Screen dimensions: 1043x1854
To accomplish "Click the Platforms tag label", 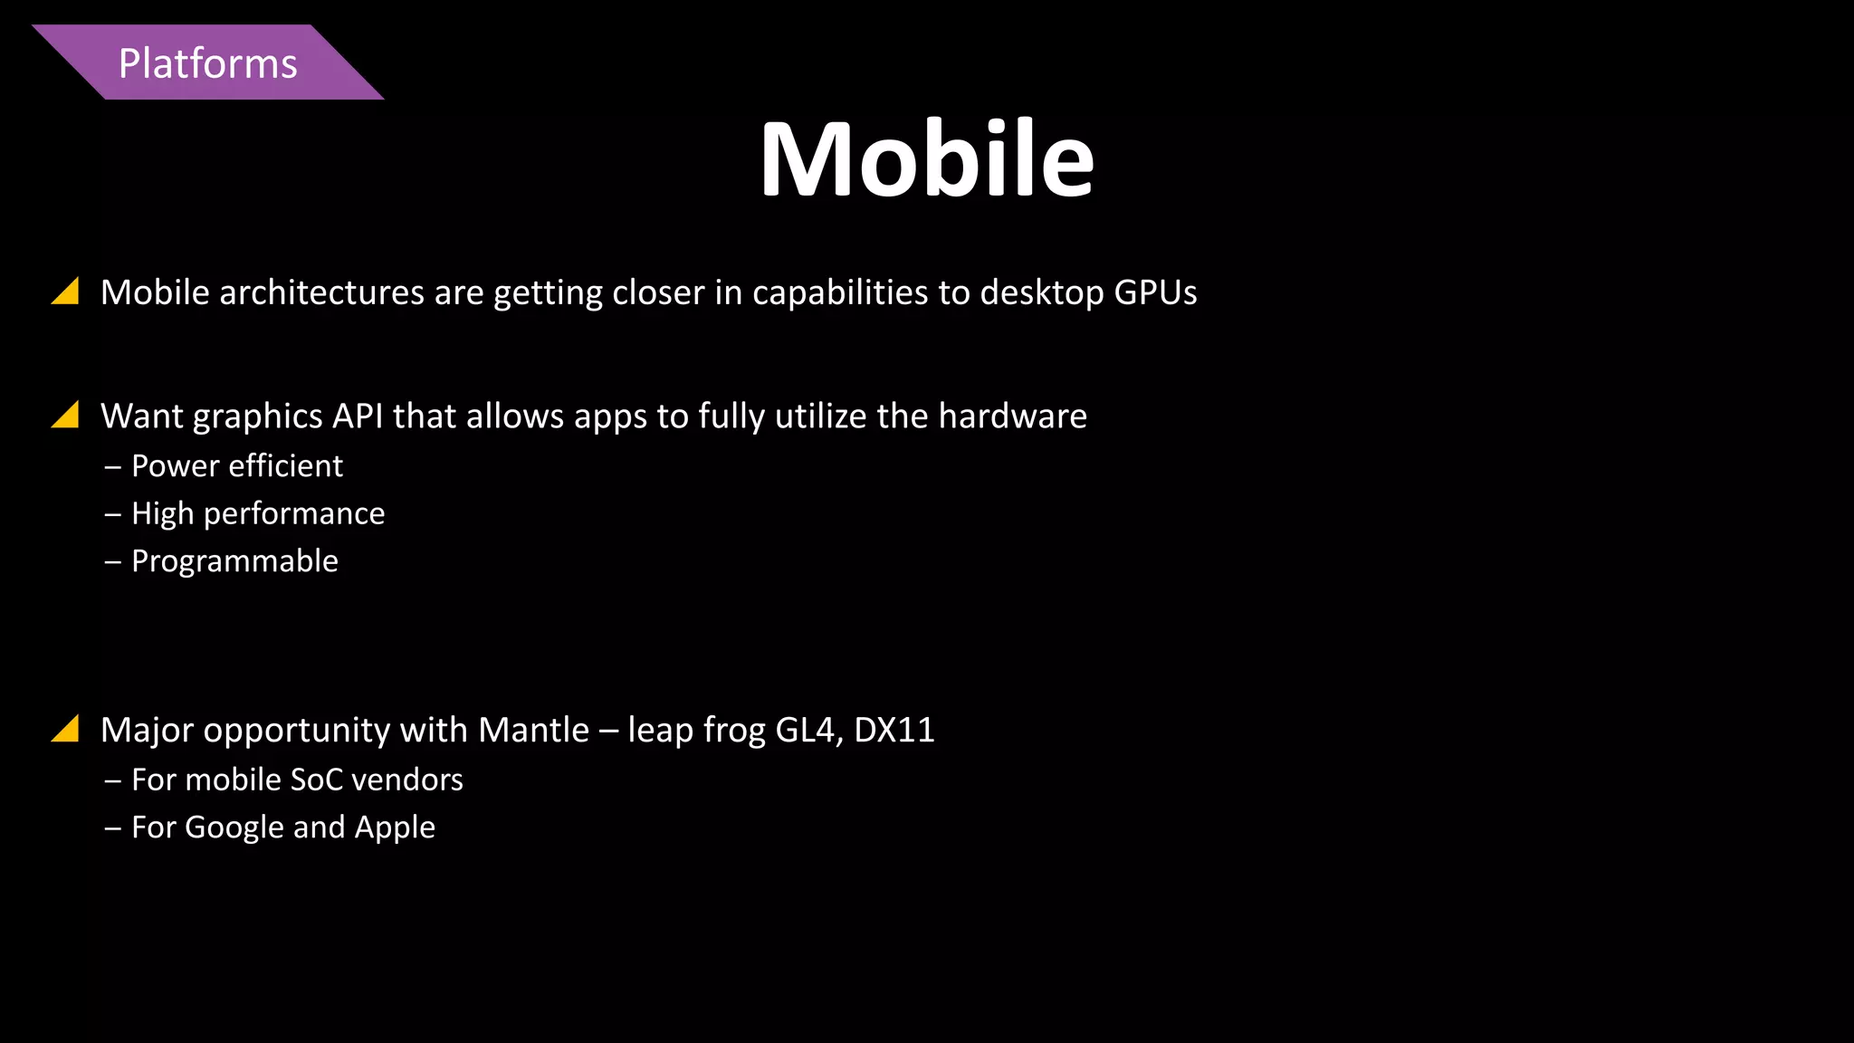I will pyautogui.click(x=207, y=63).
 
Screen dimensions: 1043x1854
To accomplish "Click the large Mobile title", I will pyautogui.click(x=927, y=159).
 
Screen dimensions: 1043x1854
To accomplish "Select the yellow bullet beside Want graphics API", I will pyautogui.click(x=66, y=415).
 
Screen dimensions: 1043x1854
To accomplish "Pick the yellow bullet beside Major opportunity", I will pyautogui.click(x=66, y=728).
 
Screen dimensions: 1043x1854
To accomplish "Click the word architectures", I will pyautogui.click(x=321, y=292).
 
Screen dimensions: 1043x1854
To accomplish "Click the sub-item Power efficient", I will pyautogui.click(x=237, y=466).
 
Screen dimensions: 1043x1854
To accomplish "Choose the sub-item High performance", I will pyautogui.click(x=258, y=514).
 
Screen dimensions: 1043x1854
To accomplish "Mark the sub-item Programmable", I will pyautogui.click(x=234, y=561).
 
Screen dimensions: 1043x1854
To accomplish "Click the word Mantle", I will pyautogui.click(x=534, y=730).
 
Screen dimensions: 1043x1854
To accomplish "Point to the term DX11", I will pyautogui.click(x=894, y=730).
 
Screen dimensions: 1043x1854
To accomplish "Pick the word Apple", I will pyautogui.click(x=395, y=828).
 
